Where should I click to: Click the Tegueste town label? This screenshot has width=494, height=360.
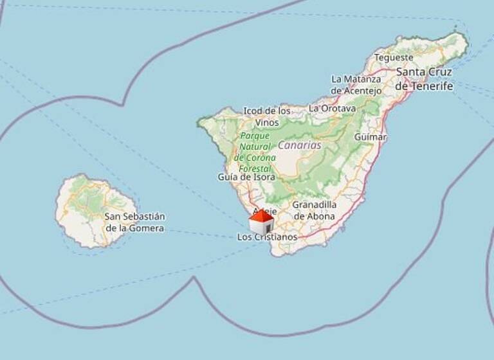[394, 58]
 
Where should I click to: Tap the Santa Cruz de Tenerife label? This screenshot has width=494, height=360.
[425, 78]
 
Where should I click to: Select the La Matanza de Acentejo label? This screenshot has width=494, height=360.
[356, 84]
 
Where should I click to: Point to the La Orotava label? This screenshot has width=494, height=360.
[332, 109]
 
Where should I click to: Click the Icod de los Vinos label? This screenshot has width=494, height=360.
[267, 116]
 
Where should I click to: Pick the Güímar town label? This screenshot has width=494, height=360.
[370, 137]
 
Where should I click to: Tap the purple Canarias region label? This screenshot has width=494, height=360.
[299, 145]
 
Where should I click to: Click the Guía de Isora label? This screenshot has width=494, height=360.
[246, 177]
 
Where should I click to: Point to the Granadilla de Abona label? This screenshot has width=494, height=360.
[314, 210]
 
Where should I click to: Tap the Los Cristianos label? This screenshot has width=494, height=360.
[268, 237]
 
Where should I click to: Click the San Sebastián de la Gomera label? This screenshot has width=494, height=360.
[134, 222]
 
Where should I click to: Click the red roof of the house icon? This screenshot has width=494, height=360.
[261, 215]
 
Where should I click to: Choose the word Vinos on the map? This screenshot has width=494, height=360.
[267, 122]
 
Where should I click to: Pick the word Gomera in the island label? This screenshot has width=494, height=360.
[148, 228]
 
